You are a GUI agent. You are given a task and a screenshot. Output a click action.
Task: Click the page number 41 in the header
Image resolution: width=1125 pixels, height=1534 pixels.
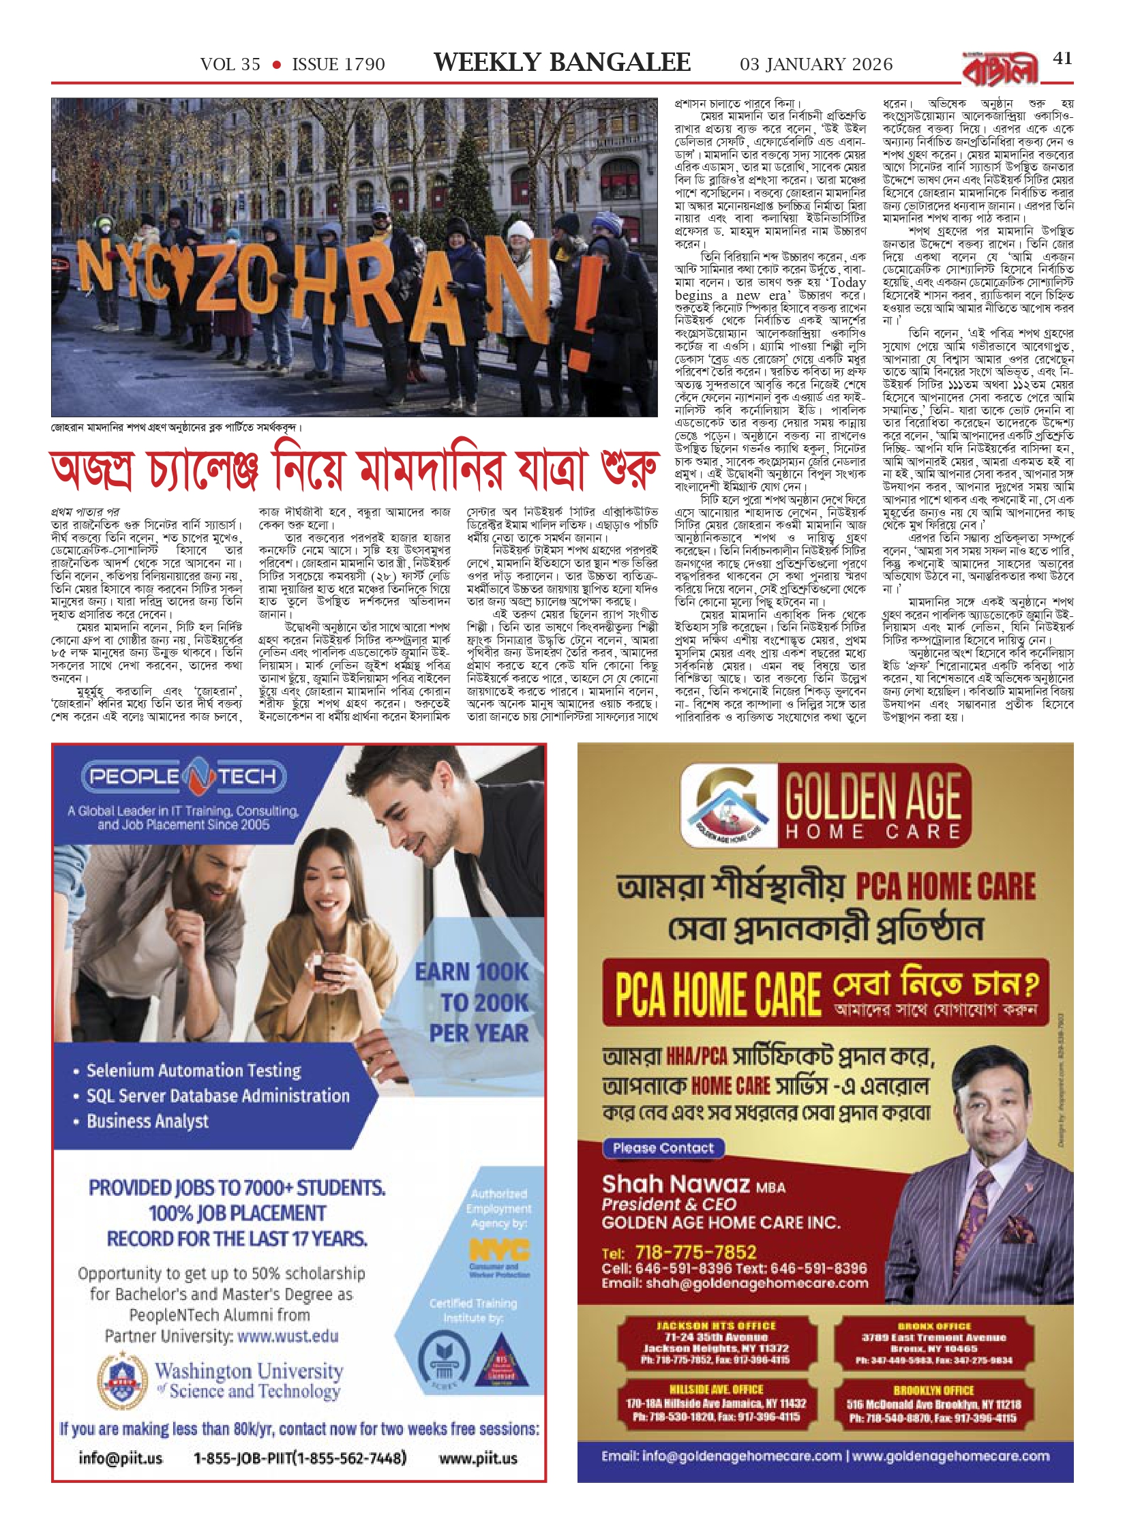(1062, 59)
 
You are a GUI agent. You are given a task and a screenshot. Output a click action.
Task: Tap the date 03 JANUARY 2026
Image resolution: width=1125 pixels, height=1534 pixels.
(815, 65)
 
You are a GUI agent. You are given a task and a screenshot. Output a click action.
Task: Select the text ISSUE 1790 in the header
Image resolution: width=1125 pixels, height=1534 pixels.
(338, 65)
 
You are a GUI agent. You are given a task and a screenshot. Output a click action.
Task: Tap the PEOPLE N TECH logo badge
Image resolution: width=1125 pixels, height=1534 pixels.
(183, 777)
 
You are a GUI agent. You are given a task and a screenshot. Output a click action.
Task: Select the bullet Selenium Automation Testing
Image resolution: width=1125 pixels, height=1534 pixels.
(194, 1070)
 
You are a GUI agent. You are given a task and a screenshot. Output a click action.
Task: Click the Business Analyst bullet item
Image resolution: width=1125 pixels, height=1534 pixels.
(147, 1121)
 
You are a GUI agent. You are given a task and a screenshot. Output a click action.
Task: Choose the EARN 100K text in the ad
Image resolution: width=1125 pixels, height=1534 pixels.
(472, 972)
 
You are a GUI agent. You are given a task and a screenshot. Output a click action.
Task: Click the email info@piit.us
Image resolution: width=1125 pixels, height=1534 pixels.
(120, 1458)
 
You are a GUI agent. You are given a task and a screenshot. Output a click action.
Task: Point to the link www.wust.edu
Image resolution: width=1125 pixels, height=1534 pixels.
(288, 1336)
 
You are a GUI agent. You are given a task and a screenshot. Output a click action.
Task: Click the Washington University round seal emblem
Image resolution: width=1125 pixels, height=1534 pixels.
(123, 1380)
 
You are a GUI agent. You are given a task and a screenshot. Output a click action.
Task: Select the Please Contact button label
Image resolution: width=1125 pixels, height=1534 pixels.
(663, 1148)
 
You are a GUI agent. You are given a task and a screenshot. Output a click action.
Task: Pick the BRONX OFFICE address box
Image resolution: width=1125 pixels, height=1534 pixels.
(933, 1344)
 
